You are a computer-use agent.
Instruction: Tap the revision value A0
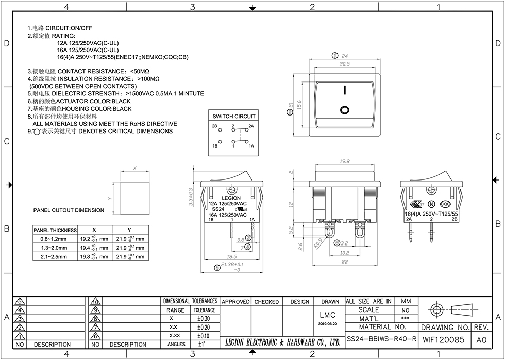(x=481, y=340)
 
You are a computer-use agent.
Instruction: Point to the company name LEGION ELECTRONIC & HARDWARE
(x=283, y=342)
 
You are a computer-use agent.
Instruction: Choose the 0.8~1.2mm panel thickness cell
(x=54, y=239)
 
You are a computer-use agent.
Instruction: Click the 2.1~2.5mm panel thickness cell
(x=54, y=256)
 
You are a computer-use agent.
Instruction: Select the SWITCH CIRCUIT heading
(x=233, y=117)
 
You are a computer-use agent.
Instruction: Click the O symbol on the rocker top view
(x=344, y=109)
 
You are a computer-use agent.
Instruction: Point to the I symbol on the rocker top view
(x=344, y=91)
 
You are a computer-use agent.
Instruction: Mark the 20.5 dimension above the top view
(x=344, y=64)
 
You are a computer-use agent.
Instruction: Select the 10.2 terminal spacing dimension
(x=345, y=253)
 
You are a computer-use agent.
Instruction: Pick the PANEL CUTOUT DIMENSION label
(x=69, y=210)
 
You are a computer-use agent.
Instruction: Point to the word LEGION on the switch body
(x=231, y=198)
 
